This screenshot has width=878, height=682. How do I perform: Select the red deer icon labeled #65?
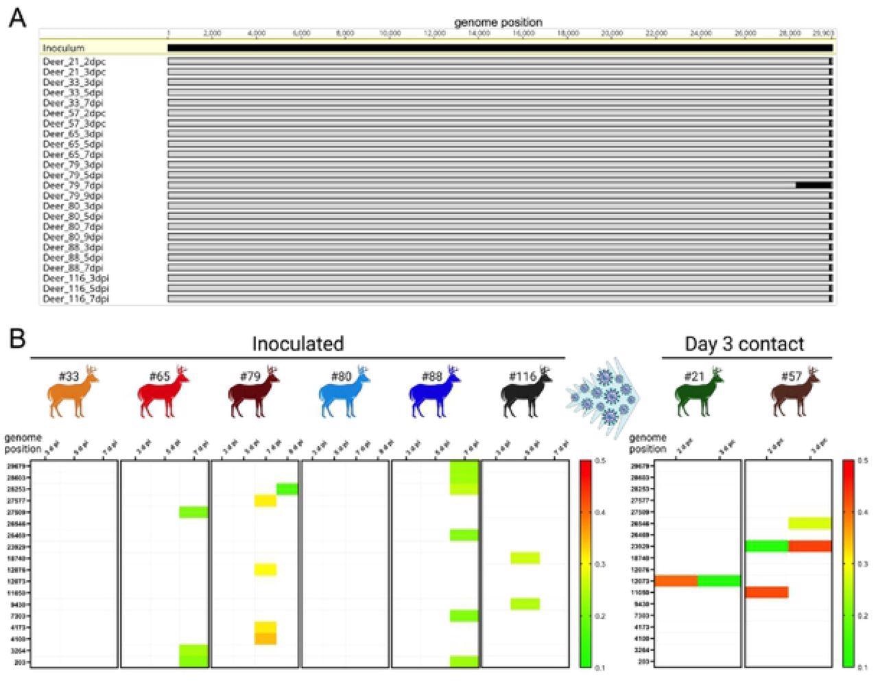point(164,395)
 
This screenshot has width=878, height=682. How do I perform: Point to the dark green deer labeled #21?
point(698,395)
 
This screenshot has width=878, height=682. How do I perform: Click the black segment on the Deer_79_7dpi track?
point(814,185)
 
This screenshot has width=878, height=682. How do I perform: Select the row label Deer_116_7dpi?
point(75,299)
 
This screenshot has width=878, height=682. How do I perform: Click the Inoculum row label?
point(63,48)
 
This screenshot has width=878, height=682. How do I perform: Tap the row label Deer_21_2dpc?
point(74,62)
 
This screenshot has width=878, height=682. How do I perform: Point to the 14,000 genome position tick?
point(479,33)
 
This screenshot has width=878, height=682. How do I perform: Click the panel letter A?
point(17,18)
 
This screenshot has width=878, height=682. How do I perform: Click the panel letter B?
point(17,338)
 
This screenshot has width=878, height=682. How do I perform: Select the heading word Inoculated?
point(297,344)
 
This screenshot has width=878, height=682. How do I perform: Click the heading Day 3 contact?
point(744,344)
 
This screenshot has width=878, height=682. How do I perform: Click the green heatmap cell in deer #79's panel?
point(287,489)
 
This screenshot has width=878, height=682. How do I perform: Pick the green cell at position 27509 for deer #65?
point(193,512)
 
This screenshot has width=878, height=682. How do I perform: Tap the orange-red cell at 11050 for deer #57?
point(766,591)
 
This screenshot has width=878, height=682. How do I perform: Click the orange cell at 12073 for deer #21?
point(676,580)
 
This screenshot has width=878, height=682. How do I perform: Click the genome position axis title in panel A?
point(498,23)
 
